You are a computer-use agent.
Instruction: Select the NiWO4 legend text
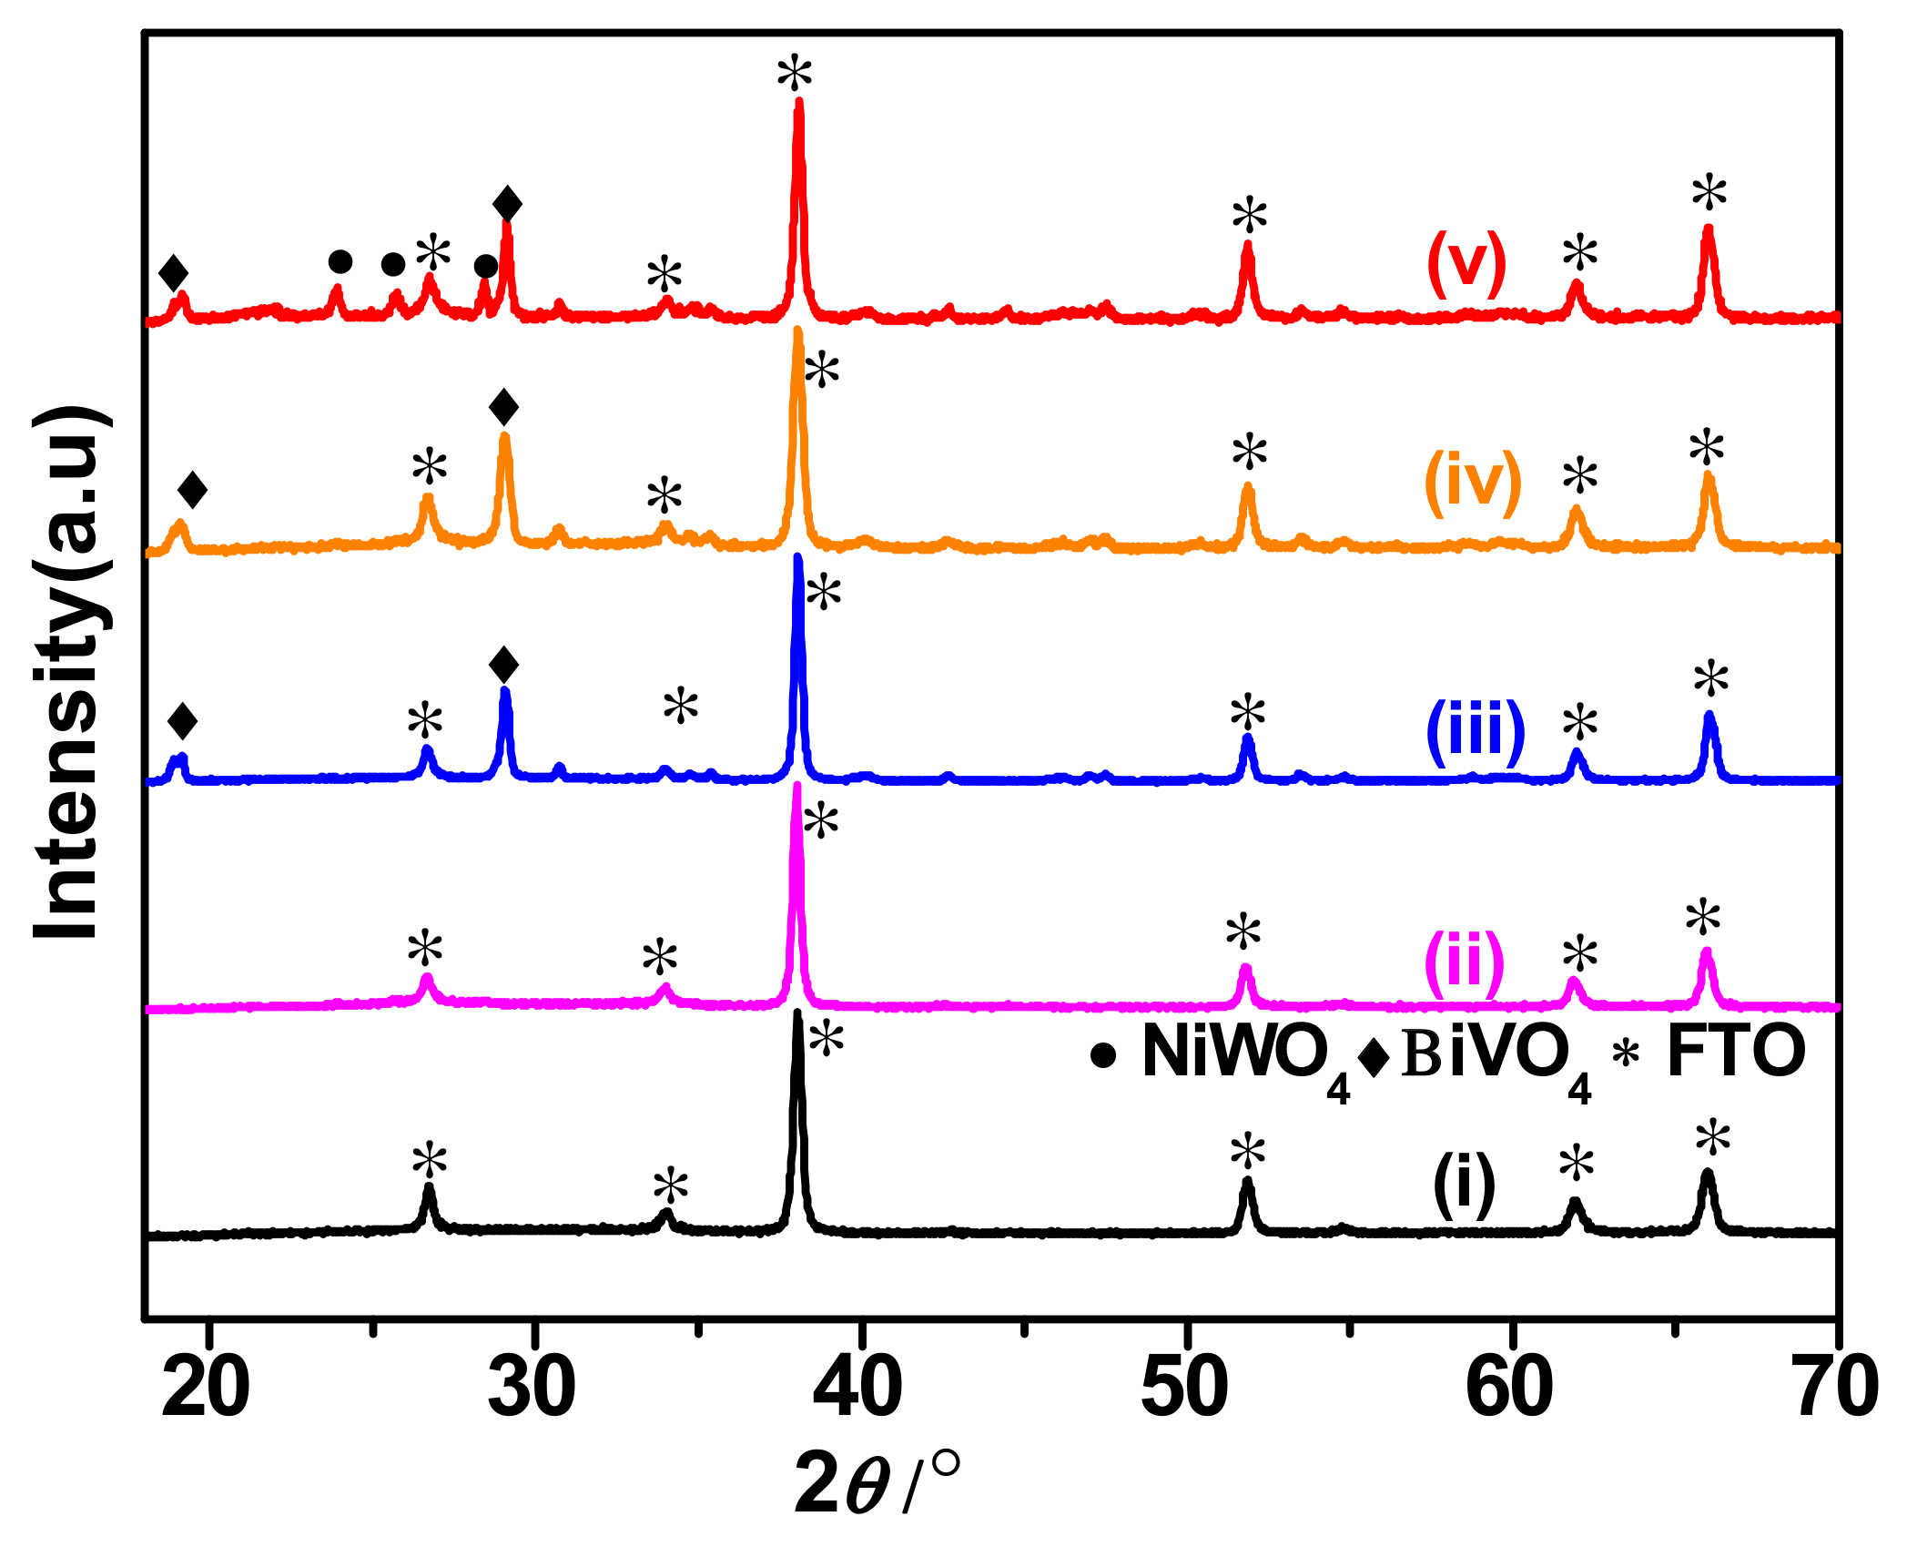click(x=1245, y=1055)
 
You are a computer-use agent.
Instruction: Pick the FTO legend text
click(x=1736, y=1052)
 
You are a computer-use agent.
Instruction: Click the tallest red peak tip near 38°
click(x=799, y=102)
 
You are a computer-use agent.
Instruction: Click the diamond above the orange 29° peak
click(x=503, y=407)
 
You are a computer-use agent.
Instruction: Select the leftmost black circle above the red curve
click(x=340, y=262)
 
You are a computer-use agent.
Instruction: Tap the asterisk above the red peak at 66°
click(x=1709, y=194)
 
